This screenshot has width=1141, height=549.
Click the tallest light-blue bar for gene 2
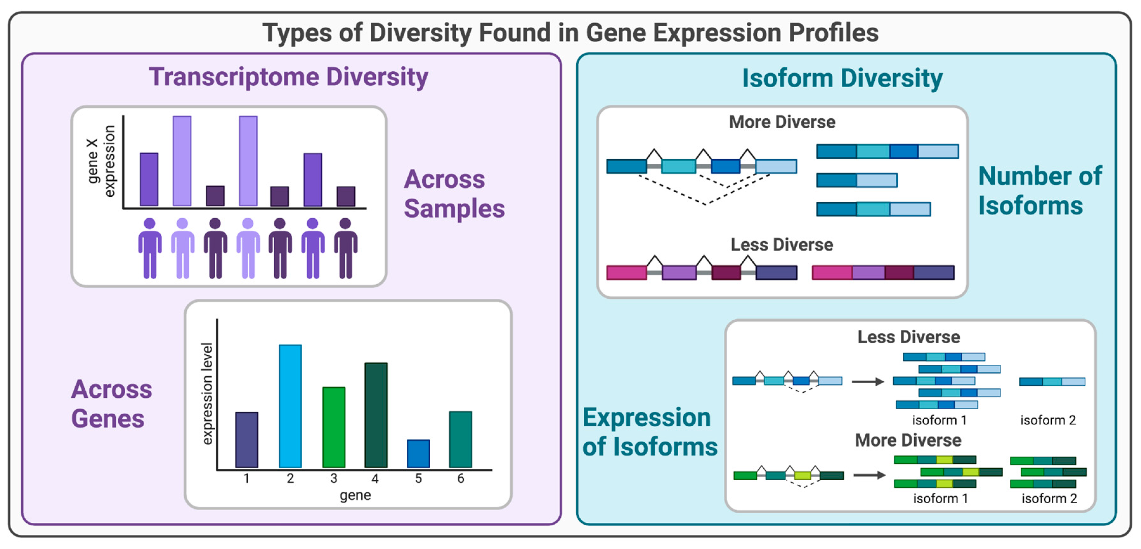click(x=290, y=406)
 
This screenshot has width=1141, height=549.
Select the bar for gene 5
click(x=418, y=453)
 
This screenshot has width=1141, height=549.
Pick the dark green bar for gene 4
click(x=376, y=415)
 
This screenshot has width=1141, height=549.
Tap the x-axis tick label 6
click(x=461, y=479)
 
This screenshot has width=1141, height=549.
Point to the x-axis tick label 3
click(x=334, y=479)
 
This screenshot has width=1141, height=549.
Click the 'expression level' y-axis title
click(x=207, y=394)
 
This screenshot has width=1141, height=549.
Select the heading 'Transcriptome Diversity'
click(x=288, y=77)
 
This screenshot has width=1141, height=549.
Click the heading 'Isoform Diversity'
click(x=842, y=78)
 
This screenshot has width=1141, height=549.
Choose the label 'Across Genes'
click(x=111, y=403)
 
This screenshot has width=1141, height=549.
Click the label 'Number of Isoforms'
click(x=1039, y=191)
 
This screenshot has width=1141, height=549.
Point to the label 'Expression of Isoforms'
click(x=649, y=432)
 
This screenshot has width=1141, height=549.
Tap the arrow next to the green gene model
click(x=869, y=475)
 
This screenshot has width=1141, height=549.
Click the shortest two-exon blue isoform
click(x=857, y=180)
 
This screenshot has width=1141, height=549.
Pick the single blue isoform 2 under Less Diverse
click(x=1052, y=382)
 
